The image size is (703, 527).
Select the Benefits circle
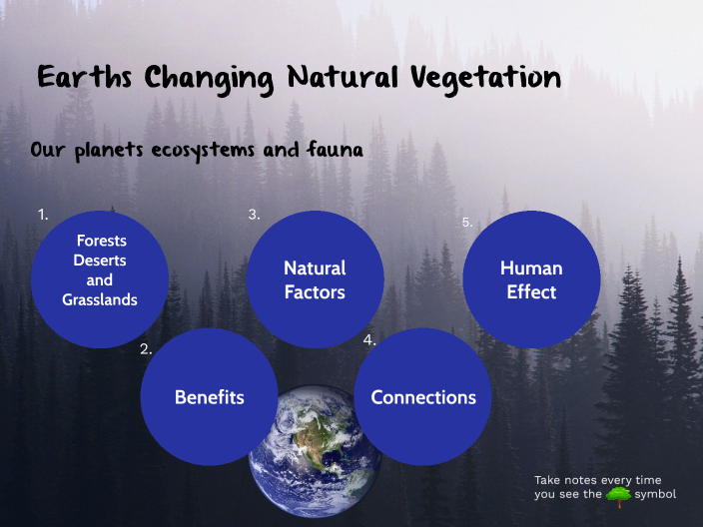coord(209,397)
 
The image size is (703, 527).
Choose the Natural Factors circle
coord(315,279)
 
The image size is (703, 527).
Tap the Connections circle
coord(423,397)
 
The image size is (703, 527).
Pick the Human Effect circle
coord(531,279)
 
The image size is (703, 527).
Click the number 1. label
coord(43,215)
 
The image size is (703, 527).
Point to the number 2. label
coord(146,349)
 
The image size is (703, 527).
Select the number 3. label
coord(255,215)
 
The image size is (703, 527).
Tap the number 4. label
coord(369,340)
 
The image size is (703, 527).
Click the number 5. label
coord(467,223)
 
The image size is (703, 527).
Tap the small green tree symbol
coord(618,494)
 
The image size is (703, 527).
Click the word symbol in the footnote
coord(655,494)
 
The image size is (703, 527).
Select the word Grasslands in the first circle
coord(100,299)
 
